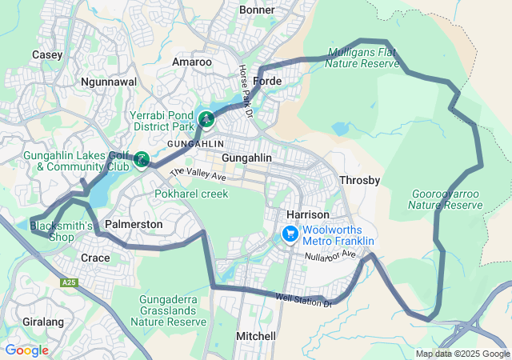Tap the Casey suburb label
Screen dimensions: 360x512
point(47,54)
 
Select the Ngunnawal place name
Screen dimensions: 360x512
point(109,82)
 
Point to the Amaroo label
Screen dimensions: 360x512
point(193,62)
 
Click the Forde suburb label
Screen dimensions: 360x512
point(268,82)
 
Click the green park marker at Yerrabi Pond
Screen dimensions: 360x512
point(206,120)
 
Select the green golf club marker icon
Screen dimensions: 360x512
point(142,160)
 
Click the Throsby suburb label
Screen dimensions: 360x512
point(360,180)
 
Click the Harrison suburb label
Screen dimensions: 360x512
point(308,215)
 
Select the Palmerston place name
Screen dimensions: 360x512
point(134,225)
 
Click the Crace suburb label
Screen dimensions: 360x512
point(96,258)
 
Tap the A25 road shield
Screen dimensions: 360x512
point(70,282)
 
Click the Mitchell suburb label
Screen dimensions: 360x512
point(256,336)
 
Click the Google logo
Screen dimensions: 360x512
point(26,350)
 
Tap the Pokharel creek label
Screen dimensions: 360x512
point(191,194)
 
